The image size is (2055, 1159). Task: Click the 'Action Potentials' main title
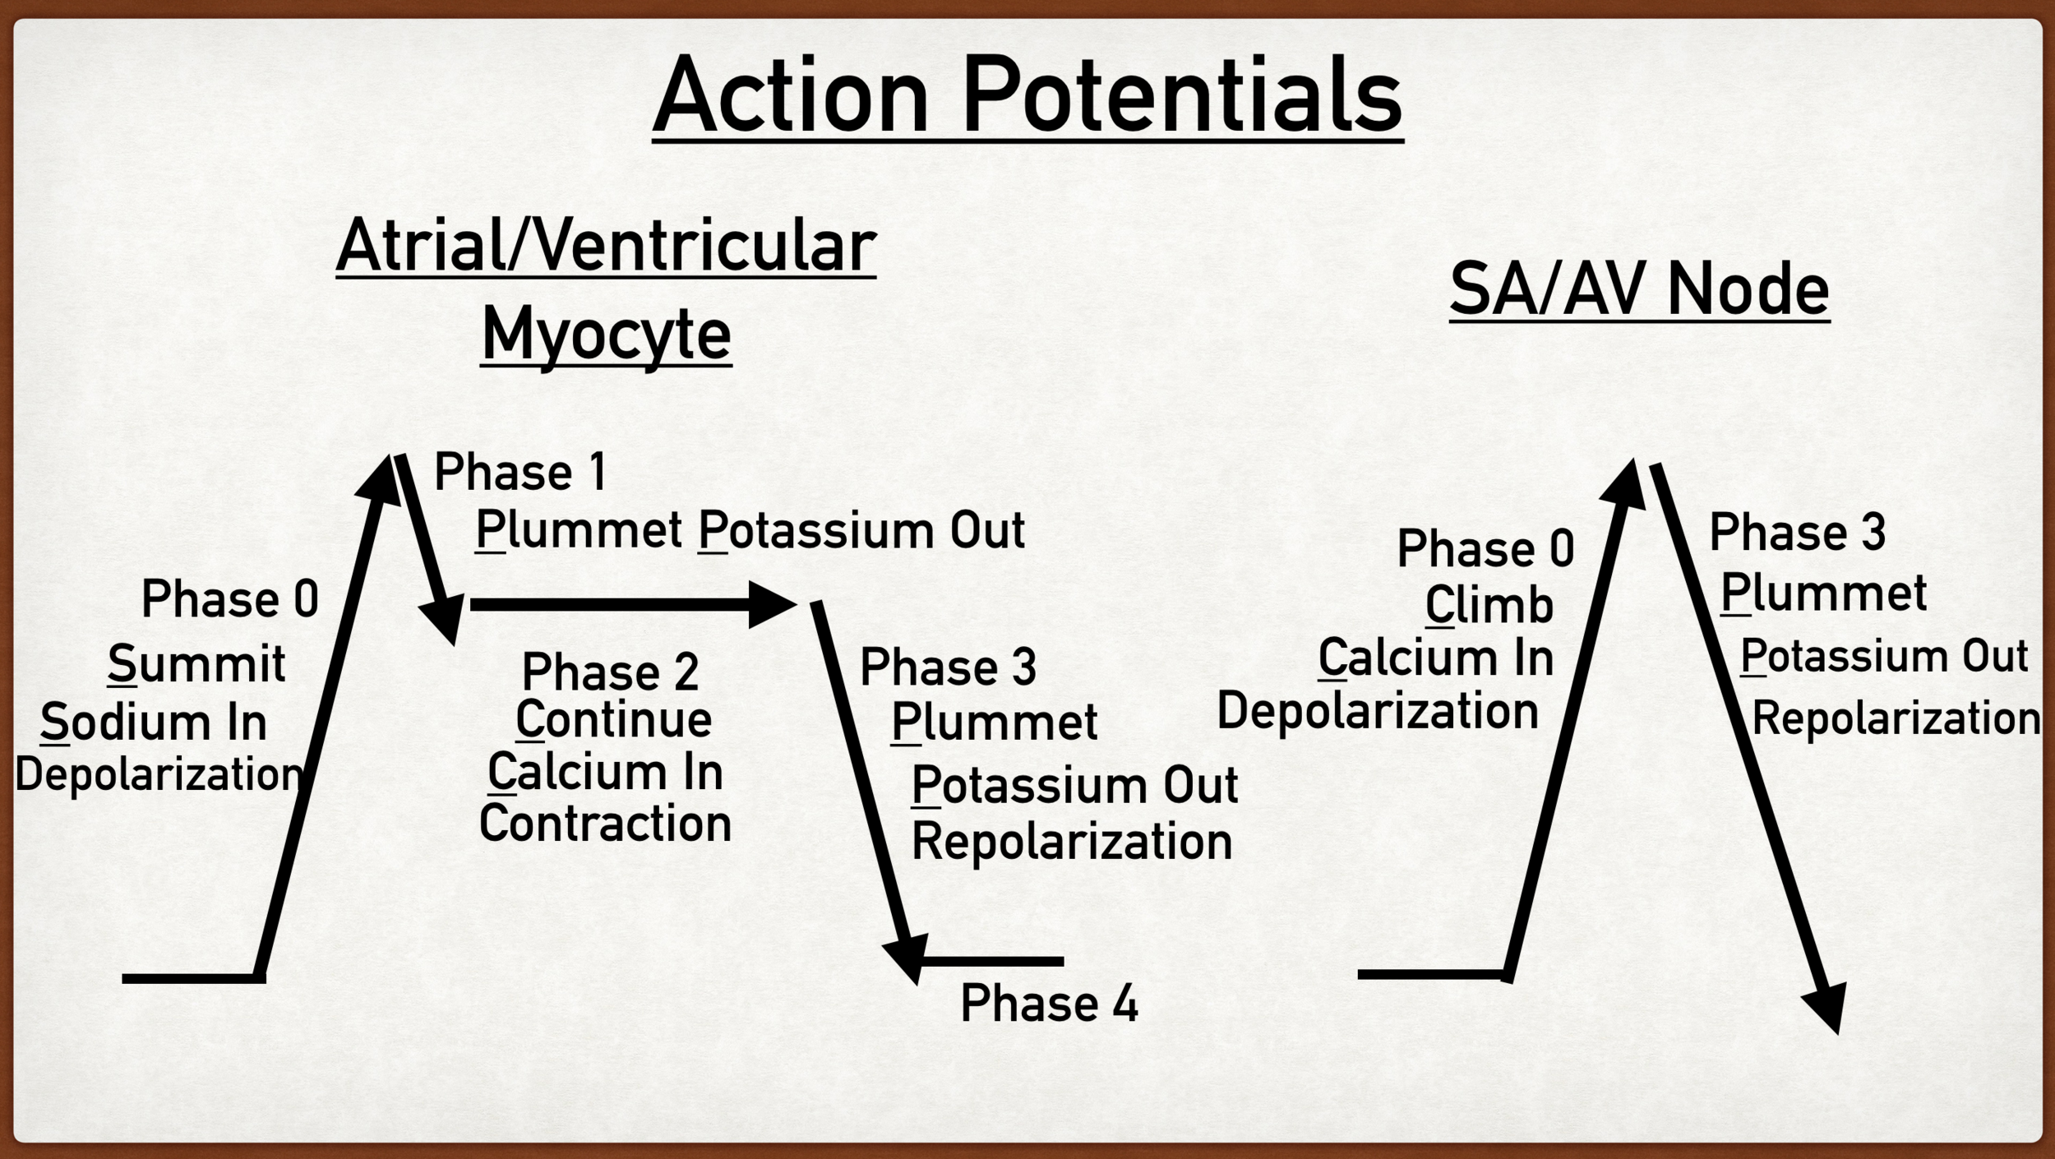tap(1027, 95)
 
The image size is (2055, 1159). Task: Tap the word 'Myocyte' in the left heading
tap(606, 335)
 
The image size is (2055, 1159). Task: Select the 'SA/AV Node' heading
tap(1639, 289)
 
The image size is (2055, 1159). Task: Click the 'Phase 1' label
tap(520, 473)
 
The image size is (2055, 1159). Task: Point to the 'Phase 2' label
tap(610, 672)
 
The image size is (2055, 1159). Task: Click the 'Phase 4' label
tap(1049, 1004)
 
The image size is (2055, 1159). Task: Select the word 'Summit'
tap(196, 663)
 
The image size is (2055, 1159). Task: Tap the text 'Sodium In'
tap(154, 723)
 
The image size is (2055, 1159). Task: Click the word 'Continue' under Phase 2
tap(613, 720)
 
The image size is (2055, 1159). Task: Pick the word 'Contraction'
tap(605, 823)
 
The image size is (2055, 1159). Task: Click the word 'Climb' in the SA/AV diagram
tap(1489, 606)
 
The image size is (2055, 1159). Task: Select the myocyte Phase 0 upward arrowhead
tap(380, 480)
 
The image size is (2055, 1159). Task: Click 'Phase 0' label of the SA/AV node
tap(1485, 548)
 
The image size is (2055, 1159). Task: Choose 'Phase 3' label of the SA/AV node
tap(1798, 532)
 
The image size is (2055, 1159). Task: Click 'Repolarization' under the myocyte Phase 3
tap(1072, 842)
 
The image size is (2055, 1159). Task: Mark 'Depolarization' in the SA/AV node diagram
tap(1377, 710)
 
